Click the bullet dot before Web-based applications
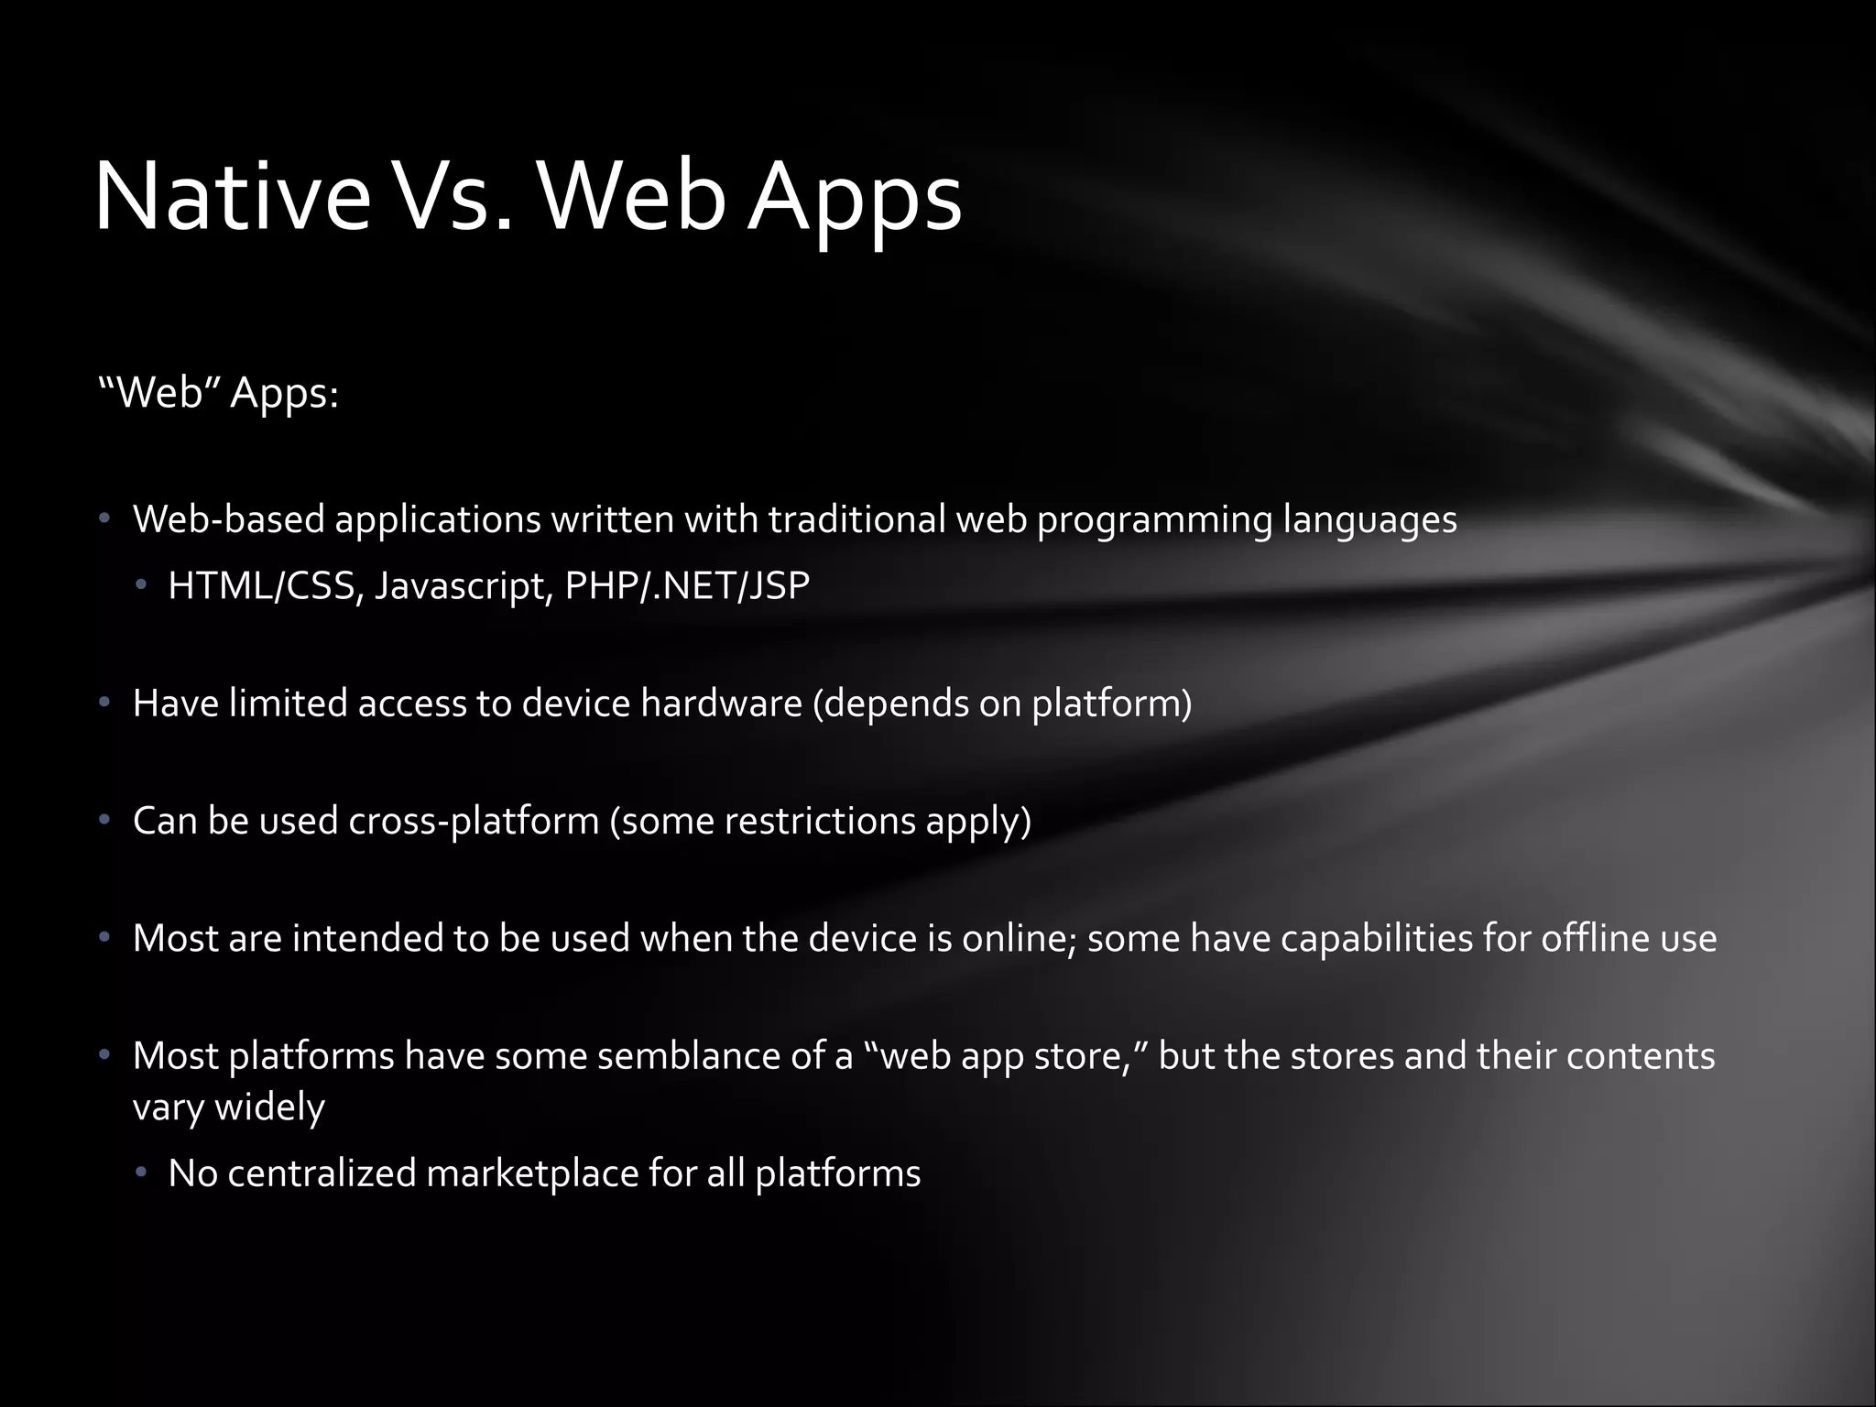point(105,520)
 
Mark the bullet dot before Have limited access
point(105,703)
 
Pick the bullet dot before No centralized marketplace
point(141,1173)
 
